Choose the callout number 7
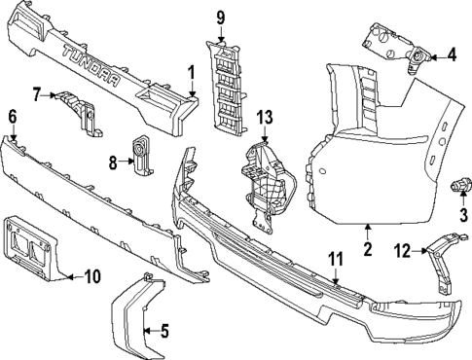[36, 94]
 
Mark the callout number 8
[113, 162]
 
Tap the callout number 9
[220, 17]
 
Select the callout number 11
[336, 259]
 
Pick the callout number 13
[265, 118]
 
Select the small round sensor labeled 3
[458, 184]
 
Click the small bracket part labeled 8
[142, 153]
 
